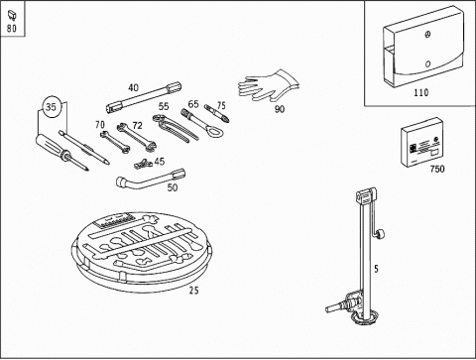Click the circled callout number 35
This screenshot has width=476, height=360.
point(51,107)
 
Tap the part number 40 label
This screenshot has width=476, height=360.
point(133,87)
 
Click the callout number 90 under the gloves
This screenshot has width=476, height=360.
point(280,109)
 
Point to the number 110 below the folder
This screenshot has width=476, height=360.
point(421,92)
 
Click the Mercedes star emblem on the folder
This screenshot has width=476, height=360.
point(428,35)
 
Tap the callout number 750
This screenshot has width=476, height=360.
point(437,169)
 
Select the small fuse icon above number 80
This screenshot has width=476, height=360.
point(11,16)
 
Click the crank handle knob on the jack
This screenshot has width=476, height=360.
point(380,234)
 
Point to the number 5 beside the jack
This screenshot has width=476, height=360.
point(376,269)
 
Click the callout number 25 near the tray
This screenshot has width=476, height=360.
point(194,291)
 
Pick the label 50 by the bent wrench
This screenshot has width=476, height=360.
point(173,187)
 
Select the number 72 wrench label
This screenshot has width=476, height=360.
point(137,126)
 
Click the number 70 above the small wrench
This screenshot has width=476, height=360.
point(100,125)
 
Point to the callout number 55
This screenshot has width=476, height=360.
point(164,106)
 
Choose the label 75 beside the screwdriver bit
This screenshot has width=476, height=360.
point(221,105)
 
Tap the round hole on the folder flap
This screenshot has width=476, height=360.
point(428,63)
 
